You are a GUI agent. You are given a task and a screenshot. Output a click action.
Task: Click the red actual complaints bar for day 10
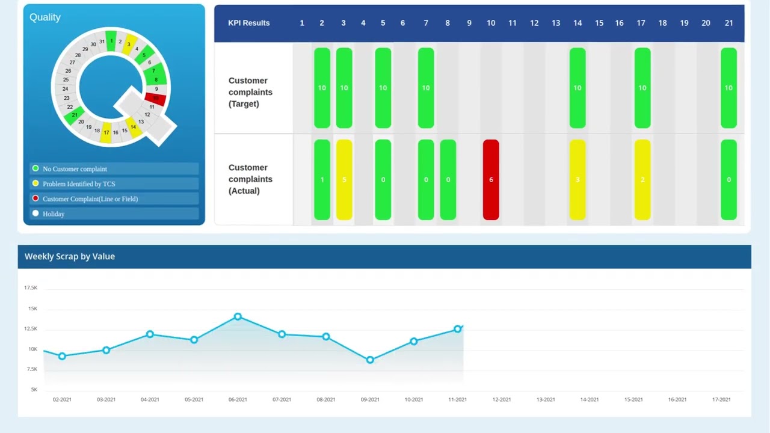pos(491,180)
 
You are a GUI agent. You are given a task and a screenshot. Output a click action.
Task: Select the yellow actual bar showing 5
pos(343,180)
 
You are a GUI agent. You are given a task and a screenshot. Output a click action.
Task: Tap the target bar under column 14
pos(577,88)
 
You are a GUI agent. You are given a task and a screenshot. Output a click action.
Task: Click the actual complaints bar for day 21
pos(728,180)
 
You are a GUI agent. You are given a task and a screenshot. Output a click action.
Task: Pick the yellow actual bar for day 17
pos(642,180)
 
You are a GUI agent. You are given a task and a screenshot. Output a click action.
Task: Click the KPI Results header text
pos(249,23)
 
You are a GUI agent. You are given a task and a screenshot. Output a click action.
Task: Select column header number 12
pos(534,23)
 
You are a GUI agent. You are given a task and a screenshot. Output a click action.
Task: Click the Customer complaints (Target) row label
pos(250,92)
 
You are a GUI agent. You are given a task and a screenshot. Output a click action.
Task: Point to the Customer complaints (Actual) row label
pos(250,179)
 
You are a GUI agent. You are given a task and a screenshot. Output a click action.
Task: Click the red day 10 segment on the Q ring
pos(156,99)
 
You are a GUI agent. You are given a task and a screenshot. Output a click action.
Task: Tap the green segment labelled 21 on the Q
pos(75,115)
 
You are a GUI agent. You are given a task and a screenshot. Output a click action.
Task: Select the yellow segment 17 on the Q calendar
pos(106,132)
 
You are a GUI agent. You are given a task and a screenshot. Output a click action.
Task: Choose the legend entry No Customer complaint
pos(75,169)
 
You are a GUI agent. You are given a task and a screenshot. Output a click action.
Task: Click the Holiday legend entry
pos(54,214)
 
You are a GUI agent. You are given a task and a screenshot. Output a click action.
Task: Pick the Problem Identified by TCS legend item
pos(79,184)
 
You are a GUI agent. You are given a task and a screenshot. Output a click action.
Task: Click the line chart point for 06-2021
pos(238,316)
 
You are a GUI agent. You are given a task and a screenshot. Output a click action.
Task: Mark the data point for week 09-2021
pos(370,360)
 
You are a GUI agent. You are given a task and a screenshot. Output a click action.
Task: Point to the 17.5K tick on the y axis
pos(31,288)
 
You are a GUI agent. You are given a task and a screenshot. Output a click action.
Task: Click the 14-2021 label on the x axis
pos(590,399)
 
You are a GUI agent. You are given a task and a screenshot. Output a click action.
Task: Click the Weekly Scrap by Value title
pos(70,256)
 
